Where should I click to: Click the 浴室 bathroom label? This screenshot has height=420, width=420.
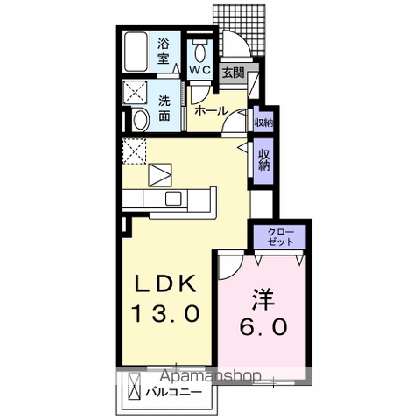click(163, 51)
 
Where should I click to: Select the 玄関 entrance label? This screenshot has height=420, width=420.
click(232, 73)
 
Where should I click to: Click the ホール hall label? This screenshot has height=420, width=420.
click(211, 110)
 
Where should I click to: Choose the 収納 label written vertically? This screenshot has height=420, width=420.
click(262, 159)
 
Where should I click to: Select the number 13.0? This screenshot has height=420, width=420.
click(169, 311)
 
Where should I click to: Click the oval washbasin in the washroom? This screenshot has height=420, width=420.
click(140, 120)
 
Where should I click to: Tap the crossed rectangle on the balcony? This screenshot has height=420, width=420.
click(135, 386)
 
